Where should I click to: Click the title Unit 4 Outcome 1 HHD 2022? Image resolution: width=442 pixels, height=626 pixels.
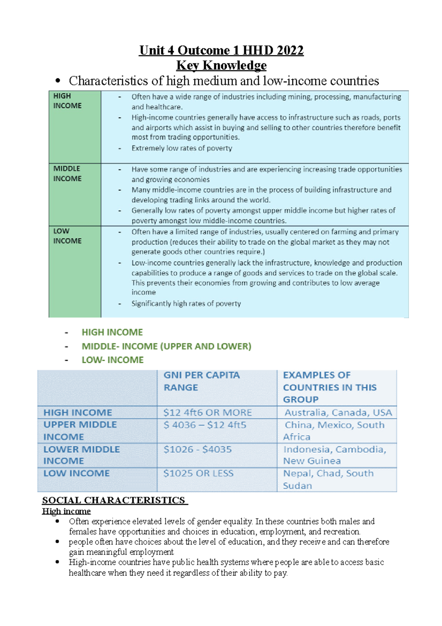[x=221, y=50]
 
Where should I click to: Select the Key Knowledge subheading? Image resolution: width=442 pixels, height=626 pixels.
[x=221, y=65]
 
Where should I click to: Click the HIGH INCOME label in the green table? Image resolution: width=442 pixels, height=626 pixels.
[x=67, y=101]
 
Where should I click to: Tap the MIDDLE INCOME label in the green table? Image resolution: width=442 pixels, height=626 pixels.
[x=67, y=173]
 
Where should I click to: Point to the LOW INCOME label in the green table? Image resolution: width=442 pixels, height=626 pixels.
[x=67, y=236]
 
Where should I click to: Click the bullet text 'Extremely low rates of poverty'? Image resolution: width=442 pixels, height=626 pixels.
[x=182, y=148]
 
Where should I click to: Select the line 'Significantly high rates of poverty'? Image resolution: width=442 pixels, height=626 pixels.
[x=186, y=303]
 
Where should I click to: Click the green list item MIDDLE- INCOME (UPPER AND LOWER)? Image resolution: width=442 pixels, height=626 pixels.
[x=166, y=346]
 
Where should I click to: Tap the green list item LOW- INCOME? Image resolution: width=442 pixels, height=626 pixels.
[x=112, y=360]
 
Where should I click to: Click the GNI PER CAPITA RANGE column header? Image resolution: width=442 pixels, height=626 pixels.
[x=201, y=381]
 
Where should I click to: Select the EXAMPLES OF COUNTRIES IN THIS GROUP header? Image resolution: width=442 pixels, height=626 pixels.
[x=330, y=387]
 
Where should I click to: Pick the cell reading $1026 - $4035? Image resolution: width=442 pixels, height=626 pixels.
[x=197, y=449]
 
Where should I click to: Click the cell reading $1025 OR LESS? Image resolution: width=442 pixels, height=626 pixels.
[x=198, y=473]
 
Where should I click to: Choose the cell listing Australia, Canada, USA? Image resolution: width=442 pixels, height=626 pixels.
[x=338, y=412]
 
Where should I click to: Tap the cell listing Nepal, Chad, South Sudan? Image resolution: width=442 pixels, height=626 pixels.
[x=328, y=479]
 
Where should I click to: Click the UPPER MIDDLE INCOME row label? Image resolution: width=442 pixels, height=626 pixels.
[x=80, y=431]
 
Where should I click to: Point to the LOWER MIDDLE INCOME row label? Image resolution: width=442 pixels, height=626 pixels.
[x=81, y=455]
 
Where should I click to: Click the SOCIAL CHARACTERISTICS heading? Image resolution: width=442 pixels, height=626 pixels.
[x=114, y=500]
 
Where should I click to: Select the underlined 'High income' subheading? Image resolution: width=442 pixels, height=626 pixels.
[x=66, y=511]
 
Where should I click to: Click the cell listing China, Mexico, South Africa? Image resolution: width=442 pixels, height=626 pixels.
[x=333, y=431]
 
